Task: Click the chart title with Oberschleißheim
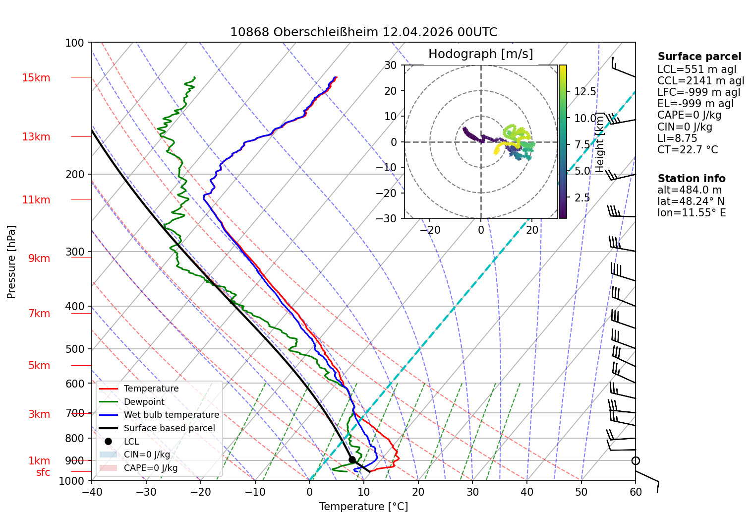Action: click(363, 32)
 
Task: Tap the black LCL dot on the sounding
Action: click(352, 460)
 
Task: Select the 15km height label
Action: click(36, 77)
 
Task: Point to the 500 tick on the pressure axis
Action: click(74, 349)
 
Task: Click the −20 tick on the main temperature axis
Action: click(200, 492)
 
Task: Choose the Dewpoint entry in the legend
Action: click(144, 401)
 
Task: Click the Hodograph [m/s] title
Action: click(480, 54)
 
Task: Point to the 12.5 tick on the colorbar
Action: click(585, 91)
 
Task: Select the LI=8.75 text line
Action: click(677, 138)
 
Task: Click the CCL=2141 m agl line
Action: click(700, 81)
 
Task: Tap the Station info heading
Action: click(691, 179)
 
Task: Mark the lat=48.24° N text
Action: click(691, 201)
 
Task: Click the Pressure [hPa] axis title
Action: click(11, 262)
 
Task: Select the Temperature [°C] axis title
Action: click(363, 506)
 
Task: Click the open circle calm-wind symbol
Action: click(636, 460)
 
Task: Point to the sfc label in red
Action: click(43, 472)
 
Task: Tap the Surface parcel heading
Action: click(699, 57)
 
